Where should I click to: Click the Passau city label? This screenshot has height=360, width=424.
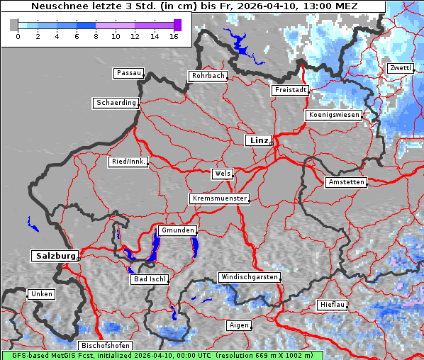pos(128,73)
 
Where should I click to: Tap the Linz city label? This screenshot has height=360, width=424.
pos(258,140)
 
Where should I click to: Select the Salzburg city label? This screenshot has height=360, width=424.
pos(54,256)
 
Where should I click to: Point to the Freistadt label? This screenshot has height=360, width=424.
pos(290,90)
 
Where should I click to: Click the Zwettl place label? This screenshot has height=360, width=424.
pos(399,68)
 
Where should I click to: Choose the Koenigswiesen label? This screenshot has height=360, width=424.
pos(333,115)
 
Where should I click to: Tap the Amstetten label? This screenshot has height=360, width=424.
pos(346,182)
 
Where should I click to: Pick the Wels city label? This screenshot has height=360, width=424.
pos(222,174)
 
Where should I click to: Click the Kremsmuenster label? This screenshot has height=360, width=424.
pos(219,198)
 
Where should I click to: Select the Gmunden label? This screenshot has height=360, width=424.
pos(177,230)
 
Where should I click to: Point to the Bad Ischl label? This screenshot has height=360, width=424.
pos(149,279)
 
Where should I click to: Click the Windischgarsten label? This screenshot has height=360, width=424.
pos(248,277)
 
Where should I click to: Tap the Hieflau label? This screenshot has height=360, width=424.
pos(332,305)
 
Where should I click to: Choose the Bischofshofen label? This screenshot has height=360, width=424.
pos(104,346)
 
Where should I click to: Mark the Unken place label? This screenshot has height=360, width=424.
pos(40,294)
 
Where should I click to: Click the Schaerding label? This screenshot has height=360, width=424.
pos(116,103)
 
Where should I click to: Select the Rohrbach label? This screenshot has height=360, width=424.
pos(207,76)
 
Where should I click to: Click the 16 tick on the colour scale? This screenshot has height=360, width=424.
pos(173,35)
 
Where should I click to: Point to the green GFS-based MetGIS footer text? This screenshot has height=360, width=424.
pos(162,355)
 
